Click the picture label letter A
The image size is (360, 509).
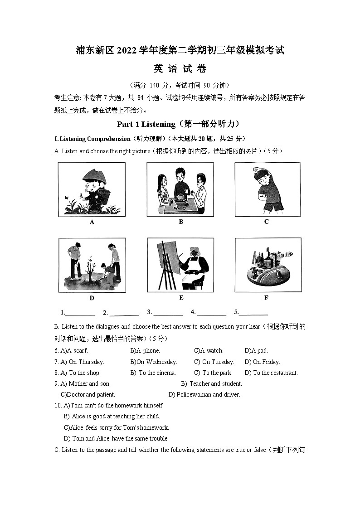(92, 222)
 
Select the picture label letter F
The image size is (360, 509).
(266, 298)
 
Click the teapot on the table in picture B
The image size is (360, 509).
(180, 200)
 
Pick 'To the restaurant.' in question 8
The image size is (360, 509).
(275, 373)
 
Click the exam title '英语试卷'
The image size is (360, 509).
(180, 69)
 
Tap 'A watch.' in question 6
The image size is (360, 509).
(212, 350)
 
